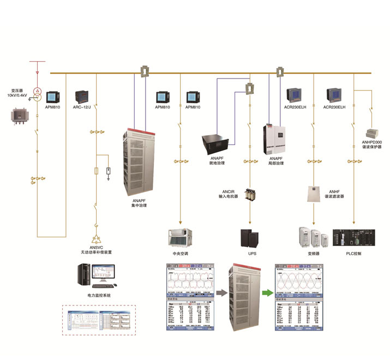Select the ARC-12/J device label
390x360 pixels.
(83, 107)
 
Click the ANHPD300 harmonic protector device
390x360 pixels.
(373, 133)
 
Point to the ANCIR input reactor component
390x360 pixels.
(250, 195)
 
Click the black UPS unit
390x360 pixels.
(250, 238)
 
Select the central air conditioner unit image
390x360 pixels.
(180, 237)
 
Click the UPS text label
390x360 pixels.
(251, 255)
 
